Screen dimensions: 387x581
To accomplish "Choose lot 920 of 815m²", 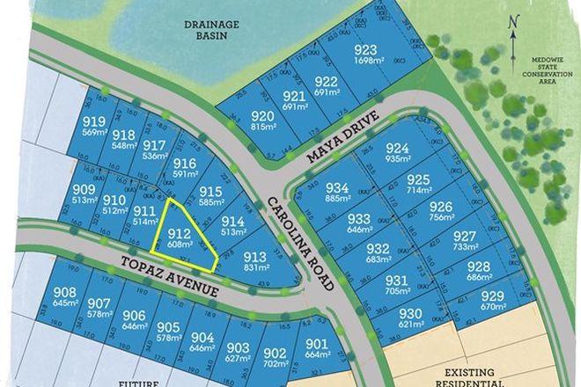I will [262, 120].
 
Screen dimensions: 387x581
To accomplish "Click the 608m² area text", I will [180, 243].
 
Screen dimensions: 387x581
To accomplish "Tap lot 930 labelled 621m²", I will [411, 318].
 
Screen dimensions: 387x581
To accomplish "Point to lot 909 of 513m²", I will [84, 194].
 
